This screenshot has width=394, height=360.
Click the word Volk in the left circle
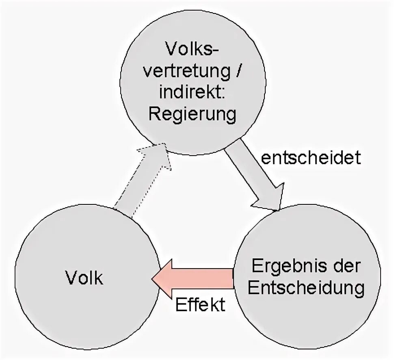point(84,279)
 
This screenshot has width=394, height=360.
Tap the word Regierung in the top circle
point(192,115)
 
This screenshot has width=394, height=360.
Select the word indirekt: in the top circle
point(192,93)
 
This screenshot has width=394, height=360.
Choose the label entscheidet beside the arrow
point(311,158)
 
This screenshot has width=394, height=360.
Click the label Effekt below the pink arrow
point(200,305)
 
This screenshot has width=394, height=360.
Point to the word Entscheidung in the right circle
point(306,288)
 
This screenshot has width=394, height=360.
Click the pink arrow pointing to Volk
point(195,279)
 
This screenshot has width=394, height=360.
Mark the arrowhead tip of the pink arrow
point(153,279)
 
